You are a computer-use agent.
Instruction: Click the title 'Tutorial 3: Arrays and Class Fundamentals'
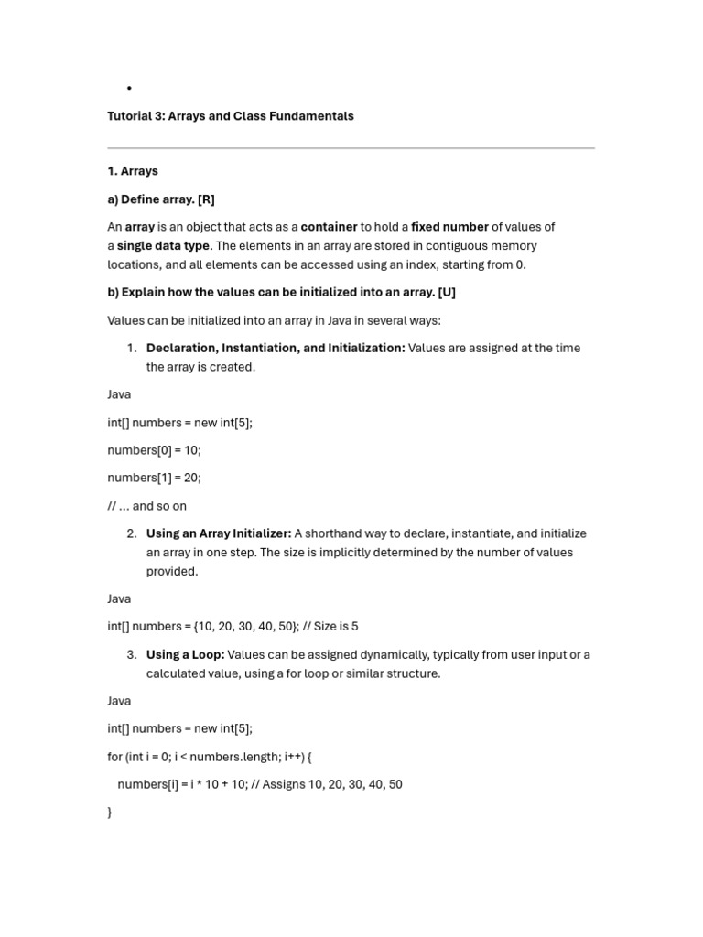point(230,116)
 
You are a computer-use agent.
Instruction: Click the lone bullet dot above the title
point(130,88)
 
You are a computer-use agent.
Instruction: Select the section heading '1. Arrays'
point(133,171)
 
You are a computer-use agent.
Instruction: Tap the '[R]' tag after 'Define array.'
point(206,199)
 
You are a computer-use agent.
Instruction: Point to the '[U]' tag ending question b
point(447,293)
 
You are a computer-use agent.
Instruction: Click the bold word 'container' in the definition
point(329,227)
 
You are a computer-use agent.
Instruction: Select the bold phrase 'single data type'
point(163,246)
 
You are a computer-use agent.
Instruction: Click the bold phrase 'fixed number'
point(449,227)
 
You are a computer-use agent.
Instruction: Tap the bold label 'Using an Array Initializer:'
point(219,533)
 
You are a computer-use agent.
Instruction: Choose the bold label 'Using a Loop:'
point(185,654)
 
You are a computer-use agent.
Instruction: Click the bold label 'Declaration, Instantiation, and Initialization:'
point(276,348)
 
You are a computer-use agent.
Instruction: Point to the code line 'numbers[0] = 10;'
point(154,450)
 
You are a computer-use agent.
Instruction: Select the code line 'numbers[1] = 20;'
point(154,478)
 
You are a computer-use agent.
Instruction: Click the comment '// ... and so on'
point(146,506)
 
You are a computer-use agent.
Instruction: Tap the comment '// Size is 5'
point(330,627)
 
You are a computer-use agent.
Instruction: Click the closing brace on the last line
point(110,813)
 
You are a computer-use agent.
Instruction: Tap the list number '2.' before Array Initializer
point(132,533)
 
